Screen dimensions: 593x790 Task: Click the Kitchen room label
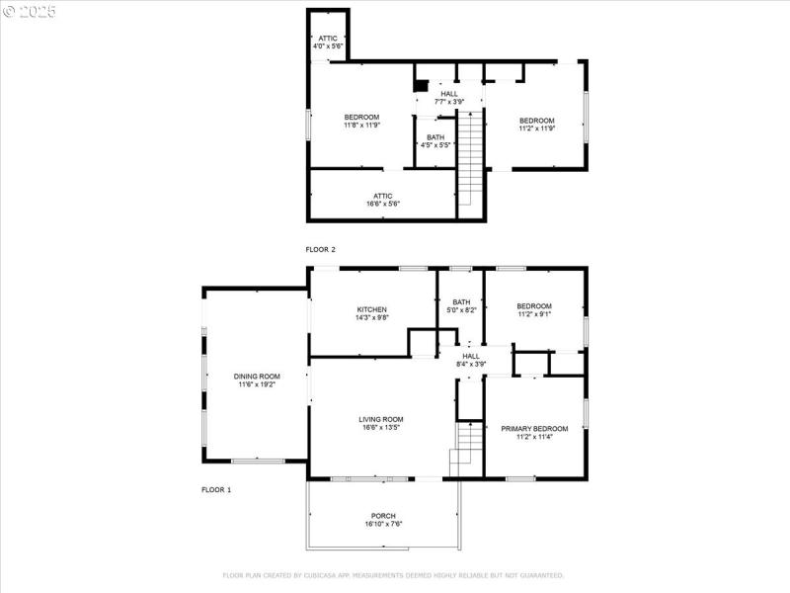(x=371, y=313)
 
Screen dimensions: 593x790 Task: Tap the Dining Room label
(x=257, y=381)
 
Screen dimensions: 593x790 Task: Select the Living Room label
(x=380, y=424)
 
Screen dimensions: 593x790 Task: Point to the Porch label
(x=383, y=520)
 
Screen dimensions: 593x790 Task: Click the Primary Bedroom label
(x=534, y=433)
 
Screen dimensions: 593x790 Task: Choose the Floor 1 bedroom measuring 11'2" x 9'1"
(x=534, y=310)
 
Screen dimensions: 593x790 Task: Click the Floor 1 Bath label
(x=461, y=306)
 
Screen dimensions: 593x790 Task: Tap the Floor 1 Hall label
(x=471, y=360)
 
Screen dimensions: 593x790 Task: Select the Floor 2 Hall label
(x=449, y=97)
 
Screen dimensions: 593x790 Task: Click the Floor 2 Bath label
(x=435, y=141)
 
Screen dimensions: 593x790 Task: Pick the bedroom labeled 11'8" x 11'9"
(x=361, y=122)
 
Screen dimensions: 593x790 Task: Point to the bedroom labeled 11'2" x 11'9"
(x=537, y=125)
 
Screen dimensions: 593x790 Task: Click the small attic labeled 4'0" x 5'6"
(x=327, y=42)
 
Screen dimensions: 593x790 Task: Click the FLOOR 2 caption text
(x=321, y=250)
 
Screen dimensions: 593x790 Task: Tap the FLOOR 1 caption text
(x=216, y=490)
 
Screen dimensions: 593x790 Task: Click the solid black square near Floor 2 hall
(x=421, y=86)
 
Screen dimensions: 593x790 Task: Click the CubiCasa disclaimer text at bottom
(x=393, y=575)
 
